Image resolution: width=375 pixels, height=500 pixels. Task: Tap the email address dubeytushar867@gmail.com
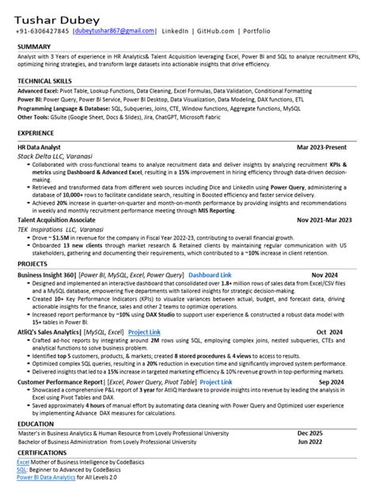[x=115, y=30]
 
